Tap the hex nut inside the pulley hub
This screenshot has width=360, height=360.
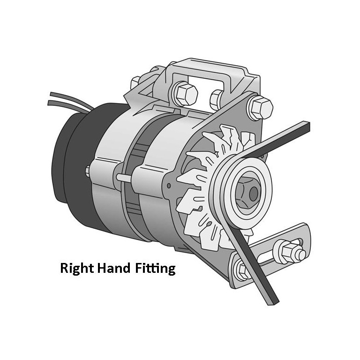pos(248,192)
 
